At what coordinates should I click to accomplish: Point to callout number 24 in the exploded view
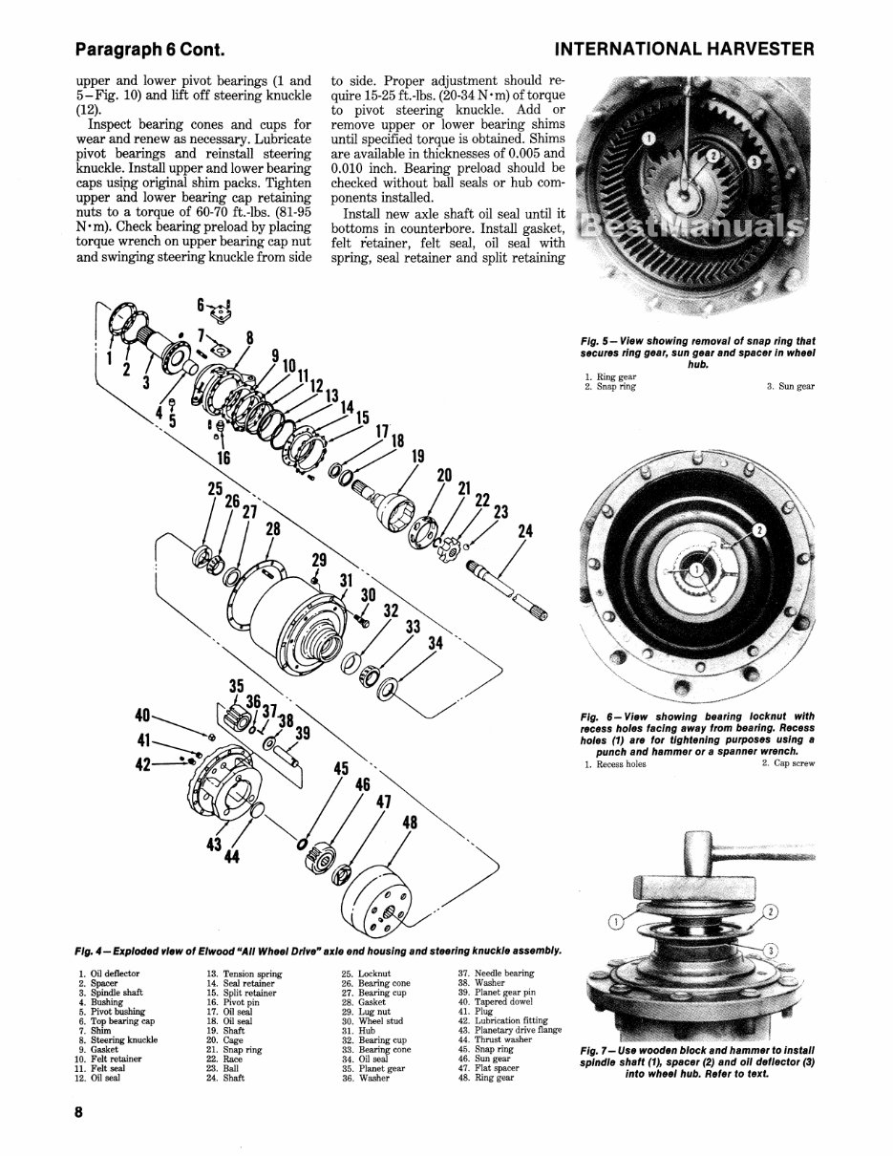(x=525, y=531)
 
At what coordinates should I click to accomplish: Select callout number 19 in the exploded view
(x=416, y=456)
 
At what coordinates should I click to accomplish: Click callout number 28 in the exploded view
(x=273, y=529)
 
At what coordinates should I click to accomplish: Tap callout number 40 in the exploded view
(x=142, y=715)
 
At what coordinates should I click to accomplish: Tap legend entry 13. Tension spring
(x=238, y=974)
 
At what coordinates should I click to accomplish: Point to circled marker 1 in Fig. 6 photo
(x=697, y=568)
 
